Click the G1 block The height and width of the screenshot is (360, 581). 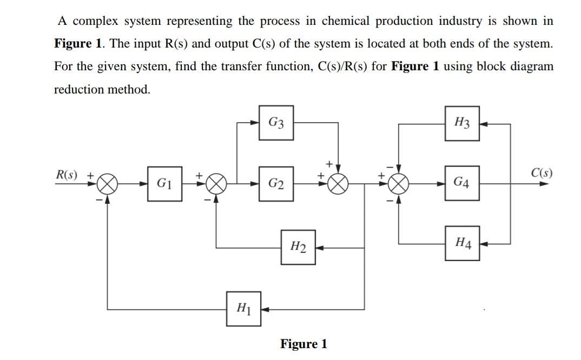tap(164, 184)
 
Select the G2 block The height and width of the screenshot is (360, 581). tap(276, 184)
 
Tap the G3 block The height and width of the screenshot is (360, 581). tap(276, 123)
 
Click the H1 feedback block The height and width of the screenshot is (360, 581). tap(243, 309)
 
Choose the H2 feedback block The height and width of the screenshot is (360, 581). tap(298, 248)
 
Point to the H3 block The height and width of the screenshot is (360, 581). tap(461, 123)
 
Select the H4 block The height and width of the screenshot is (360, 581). tap(461, 243)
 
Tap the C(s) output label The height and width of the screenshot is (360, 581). tap(541, 174)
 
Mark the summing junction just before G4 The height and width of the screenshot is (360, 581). tap(399, 184)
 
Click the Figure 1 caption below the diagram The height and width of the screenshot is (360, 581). tap(303, 344)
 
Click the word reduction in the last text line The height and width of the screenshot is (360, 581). tap(80, 89)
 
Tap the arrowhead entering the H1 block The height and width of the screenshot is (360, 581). tap(265, 309)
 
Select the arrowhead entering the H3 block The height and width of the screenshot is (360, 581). tap(484, 124)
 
